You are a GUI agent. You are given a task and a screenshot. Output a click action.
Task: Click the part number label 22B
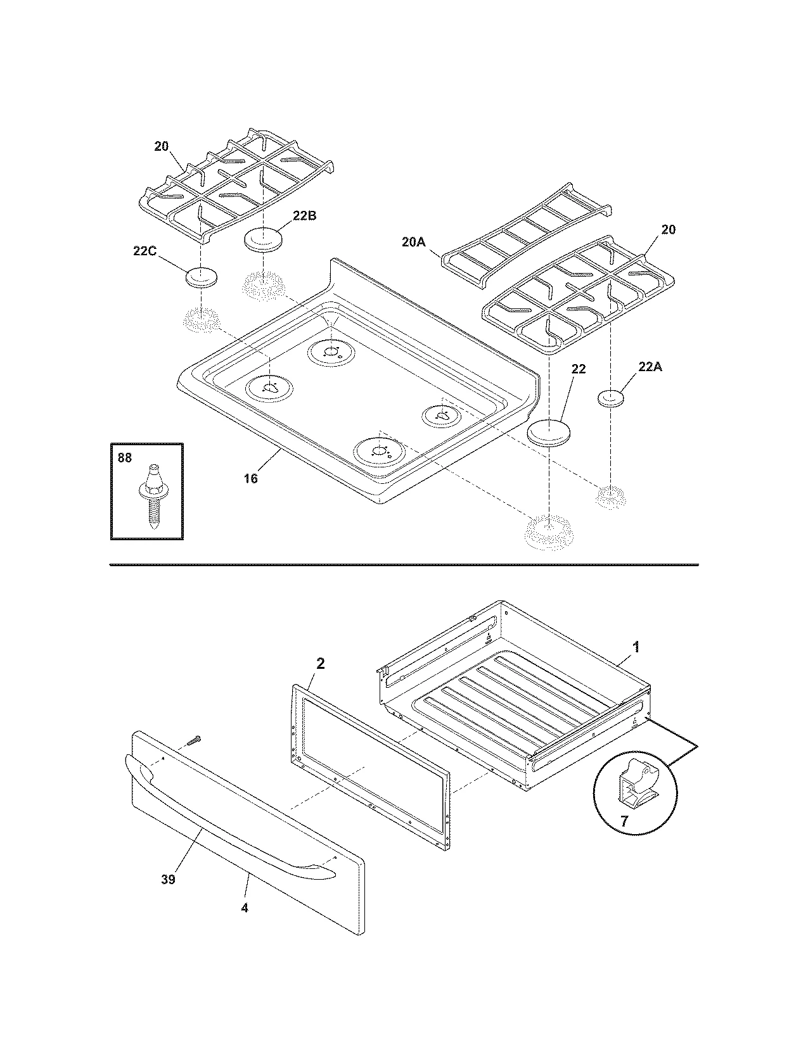point(304,215)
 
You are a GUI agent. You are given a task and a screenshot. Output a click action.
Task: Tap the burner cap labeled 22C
point(201,277)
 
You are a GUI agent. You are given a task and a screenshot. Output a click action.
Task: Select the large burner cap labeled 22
point(549,433)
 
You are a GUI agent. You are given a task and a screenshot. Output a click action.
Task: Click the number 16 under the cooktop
point(251,478)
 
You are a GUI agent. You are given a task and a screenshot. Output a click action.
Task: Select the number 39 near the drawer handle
point(168,880)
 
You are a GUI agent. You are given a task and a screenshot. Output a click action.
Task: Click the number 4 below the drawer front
point(245,908)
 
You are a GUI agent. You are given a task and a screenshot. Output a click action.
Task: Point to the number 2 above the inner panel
point(321,663)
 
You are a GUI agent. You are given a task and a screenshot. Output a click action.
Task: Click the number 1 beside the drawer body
point(636,647)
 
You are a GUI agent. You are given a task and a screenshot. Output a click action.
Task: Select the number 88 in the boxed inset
point(125,457)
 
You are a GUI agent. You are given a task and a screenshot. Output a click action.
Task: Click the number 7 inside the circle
point(624,821)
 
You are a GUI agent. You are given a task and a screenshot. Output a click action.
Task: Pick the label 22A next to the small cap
point(650,367)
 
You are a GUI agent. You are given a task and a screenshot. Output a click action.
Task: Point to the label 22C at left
point(145,251)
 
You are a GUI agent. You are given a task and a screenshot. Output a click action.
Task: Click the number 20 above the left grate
point(162,146)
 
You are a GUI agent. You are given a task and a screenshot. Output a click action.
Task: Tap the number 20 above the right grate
point(668,229)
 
